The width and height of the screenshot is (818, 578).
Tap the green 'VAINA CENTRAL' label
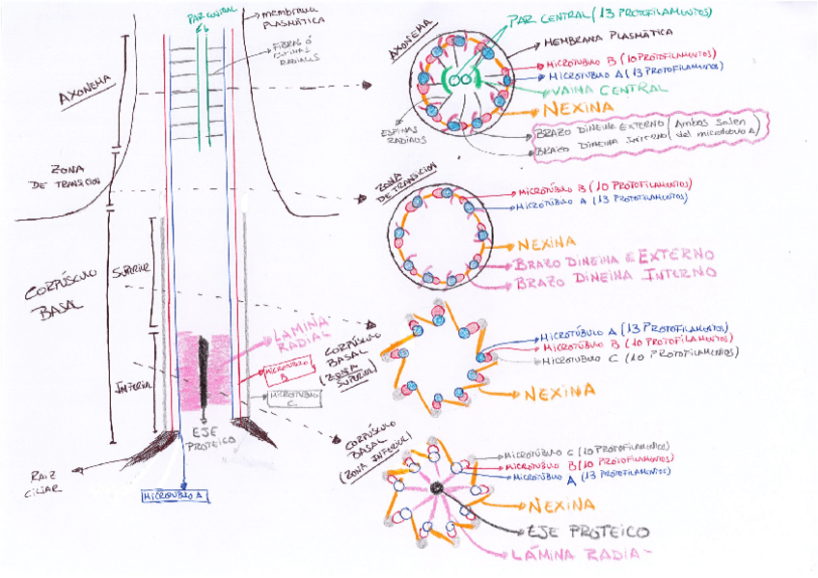[608, 89]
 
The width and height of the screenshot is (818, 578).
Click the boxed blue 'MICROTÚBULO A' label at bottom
[176, 495]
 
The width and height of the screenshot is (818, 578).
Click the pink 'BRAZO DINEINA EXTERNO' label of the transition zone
[613, 258]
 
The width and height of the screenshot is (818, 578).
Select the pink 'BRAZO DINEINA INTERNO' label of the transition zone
[615, 278]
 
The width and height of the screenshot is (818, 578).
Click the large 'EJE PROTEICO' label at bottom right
[588, 532]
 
